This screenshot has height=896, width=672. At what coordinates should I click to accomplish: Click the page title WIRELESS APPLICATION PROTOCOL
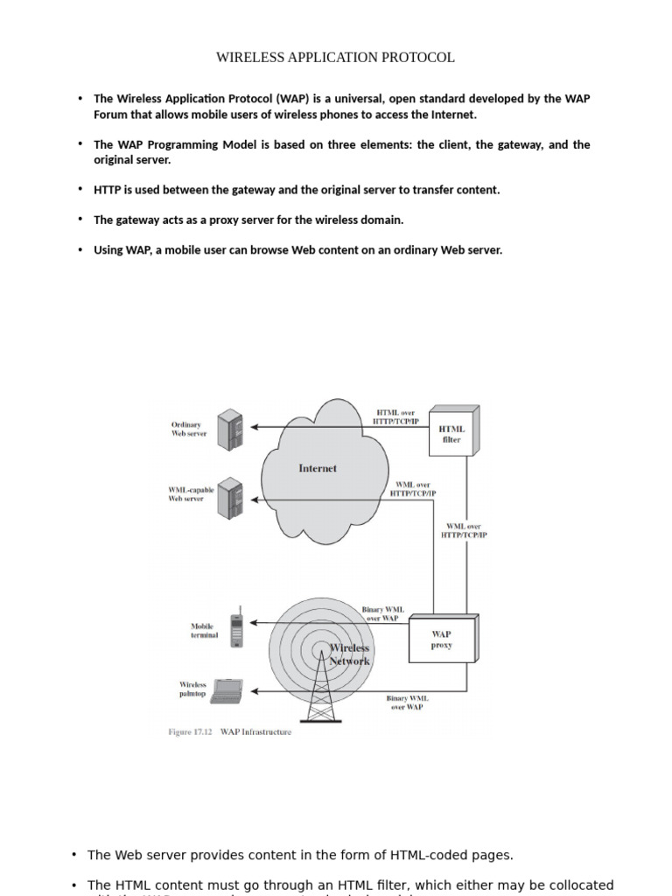335,58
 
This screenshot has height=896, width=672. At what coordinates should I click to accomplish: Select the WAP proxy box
442,640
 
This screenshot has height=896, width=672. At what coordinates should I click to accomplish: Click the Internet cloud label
318,468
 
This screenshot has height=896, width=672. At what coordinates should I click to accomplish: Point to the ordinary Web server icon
229,429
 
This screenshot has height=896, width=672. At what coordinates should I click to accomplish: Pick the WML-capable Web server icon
229,499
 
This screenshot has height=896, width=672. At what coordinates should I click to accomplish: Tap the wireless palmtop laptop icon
227,692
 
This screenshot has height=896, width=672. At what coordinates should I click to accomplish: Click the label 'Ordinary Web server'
189,430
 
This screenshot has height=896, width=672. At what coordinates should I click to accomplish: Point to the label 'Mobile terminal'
204,631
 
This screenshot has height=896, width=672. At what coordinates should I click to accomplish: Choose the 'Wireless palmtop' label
193,689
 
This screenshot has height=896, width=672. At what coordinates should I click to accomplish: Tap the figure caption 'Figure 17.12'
190,732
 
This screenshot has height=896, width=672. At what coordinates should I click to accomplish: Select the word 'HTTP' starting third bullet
107,190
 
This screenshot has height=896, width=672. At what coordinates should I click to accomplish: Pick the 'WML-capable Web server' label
191,494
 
